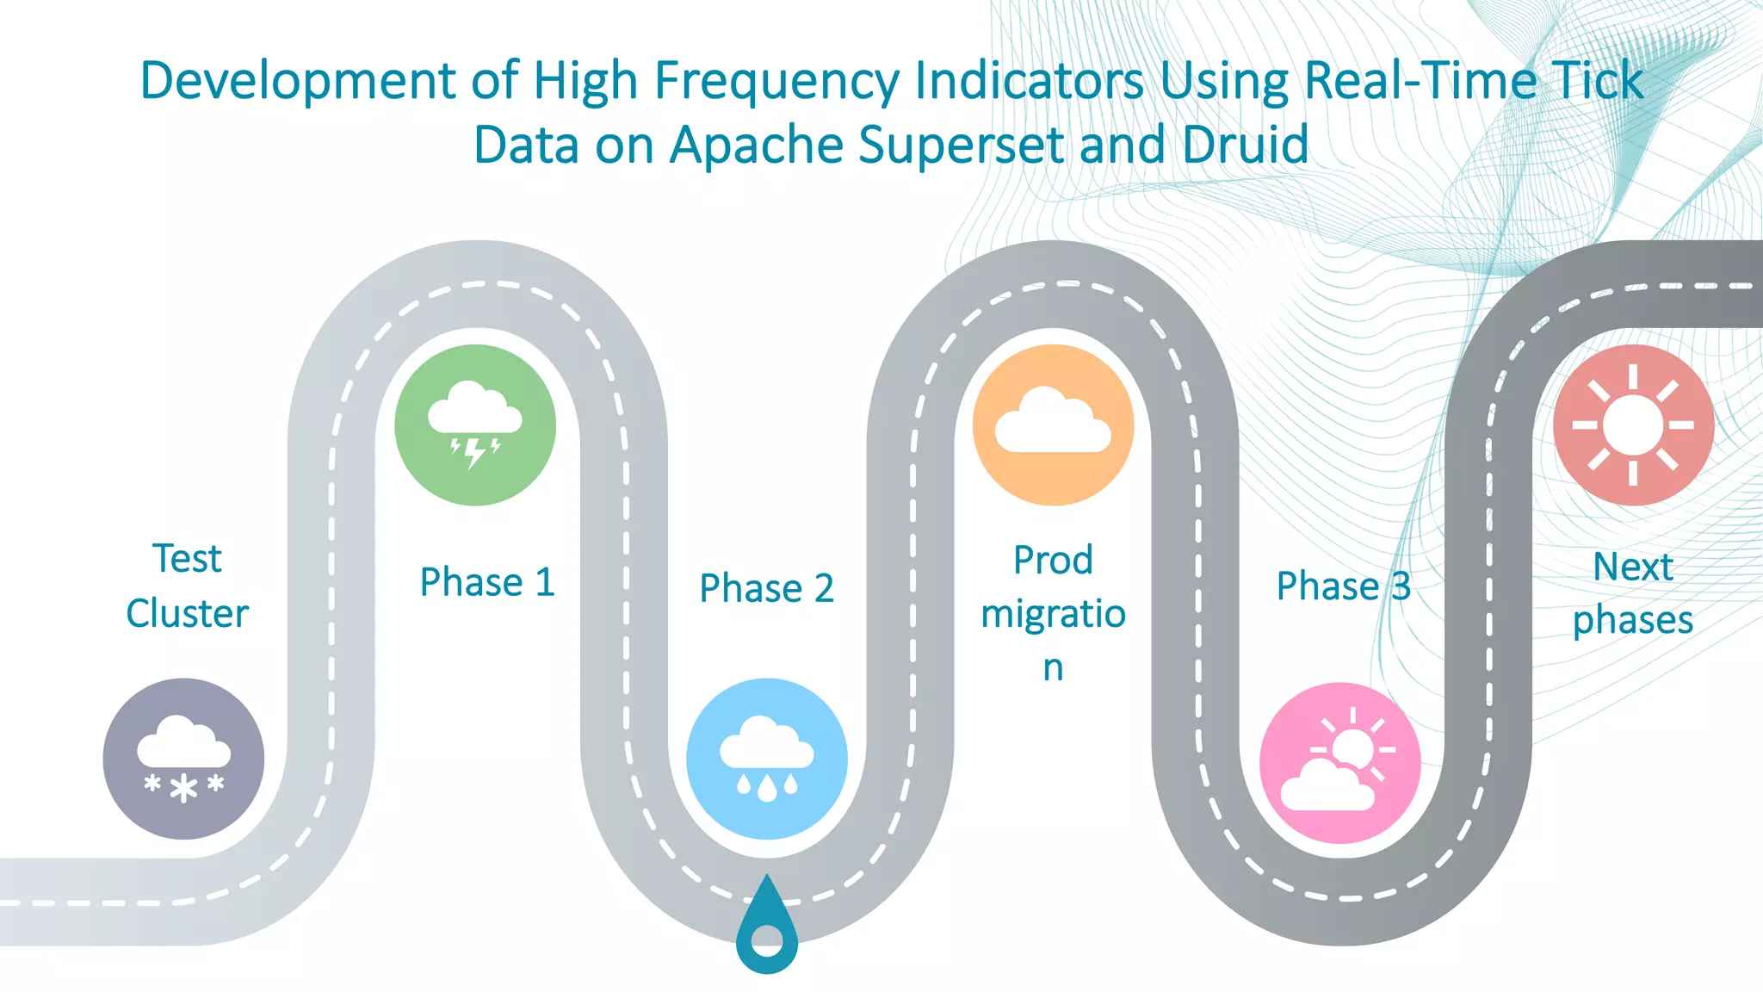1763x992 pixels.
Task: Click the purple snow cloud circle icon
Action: point(183,759)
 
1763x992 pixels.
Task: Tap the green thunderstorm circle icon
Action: point(475,425)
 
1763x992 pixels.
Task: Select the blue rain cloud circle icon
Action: point(766,759)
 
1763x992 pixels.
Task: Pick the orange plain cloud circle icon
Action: point(1053,425)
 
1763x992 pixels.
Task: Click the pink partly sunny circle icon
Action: point(1339,763)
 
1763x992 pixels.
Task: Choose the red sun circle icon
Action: point(1633,425)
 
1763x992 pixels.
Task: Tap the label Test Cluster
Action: point(187,586)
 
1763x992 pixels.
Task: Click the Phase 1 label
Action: point(486,582)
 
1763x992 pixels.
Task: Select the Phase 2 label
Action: point(766,588)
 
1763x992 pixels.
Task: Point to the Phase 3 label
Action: point(1343,586)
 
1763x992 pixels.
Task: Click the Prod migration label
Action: point(1053,613)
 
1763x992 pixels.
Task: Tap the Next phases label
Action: point(1632,593)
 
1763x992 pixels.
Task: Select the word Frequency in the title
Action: point(776,82)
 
